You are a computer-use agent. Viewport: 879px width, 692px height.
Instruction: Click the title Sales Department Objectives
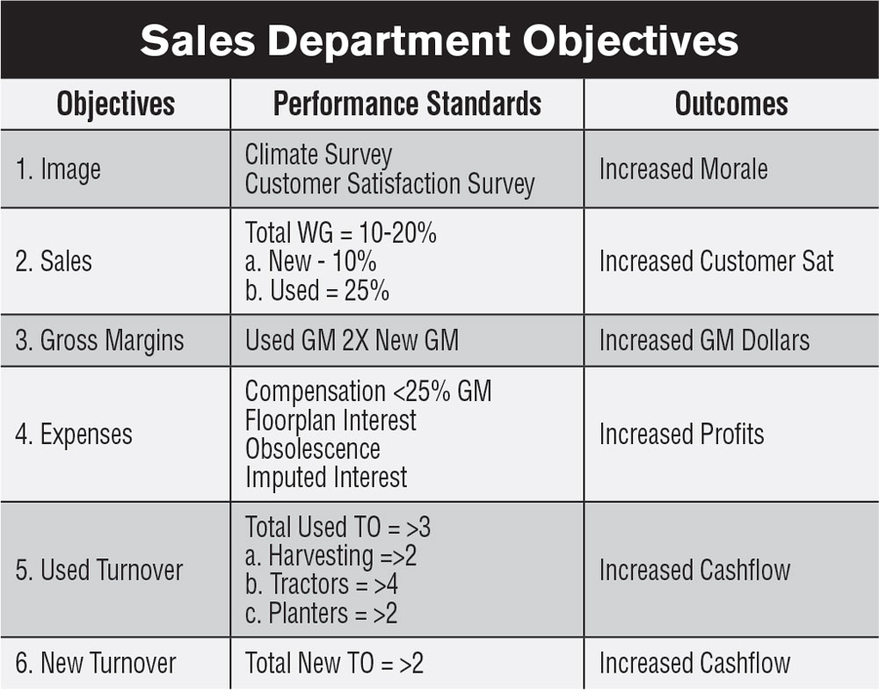439,41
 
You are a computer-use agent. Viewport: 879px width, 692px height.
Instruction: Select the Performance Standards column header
407,104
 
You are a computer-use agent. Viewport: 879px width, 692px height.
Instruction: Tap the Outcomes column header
731,104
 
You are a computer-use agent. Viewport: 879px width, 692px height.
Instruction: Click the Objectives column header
115,105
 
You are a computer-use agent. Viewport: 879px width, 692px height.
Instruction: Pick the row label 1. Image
58,170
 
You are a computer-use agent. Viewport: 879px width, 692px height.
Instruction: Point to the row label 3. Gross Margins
100,340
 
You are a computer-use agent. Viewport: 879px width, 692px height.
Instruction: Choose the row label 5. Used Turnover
99,570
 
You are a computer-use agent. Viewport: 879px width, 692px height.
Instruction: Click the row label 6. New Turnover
96,663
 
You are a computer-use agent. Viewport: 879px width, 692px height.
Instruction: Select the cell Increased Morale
683,169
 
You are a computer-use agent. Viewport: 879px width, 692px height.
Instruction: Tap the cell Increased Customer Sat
716,261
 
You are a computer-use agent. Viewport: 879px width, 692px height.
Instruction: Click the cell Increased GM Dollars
705,340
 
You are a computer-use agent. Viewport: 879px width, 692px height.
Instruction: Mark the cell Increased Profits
682,434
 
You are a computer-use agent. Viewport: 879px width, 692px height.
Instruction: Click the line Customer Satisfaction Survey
390,185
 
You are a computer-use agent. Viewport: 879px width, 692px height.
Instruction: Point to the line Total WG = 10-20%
341,232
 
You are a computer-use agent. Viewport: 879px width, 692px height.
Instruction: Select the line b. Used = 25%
317,290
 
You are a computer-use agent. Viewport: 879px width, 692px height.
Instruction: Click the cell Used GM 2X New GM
352,340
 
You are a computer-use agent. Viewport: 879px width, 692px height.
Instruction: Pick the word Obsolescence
313,449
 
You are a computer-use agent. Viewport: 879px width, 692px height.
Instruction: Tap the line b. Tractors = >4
322,585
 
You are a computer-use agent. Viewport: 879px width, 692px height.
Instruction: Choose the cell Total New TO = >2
334,663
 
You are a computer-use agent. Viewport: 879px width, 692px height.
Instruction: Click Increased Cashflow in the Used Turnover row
694,570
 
